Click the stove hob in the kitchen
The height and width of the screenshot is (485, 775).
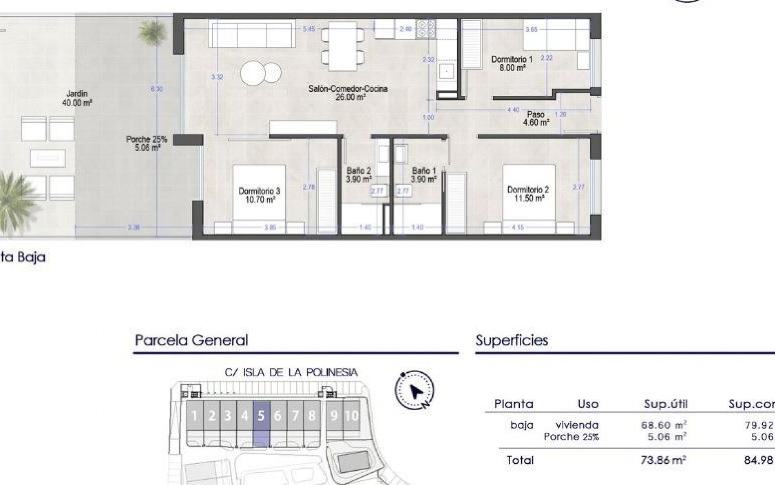point(426,29)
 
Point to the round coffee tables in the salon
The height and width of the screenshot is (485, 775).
point(261,73)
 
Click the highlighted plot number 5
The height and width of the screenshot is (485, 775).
point(261,415)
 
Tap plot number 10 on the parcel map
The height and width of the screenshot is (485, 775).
point(351,415)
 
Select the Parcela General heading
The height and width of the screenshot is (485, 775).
point(192,340)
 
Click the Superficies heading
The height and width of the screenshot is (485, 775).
point(512,340)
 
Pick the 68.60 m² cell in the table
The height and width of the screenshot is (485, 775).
point(664,425)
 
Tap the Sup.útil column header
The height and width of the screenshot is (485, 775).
point(666,404)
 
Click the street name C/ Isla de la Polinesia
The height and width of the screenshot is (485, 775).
point(291,373)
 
